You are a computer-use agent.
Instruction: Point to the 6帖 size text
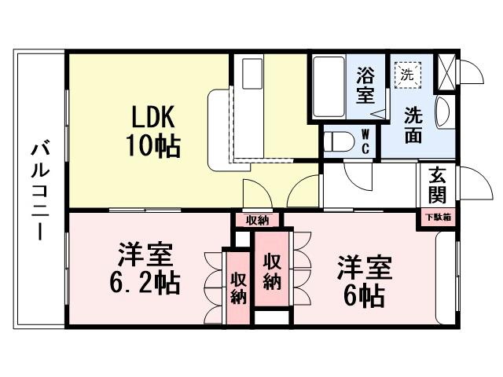pyautogui.click(x=362, y=295)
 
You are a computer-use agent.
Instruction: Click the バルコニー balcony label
pyautogui.click(x=39, y=190)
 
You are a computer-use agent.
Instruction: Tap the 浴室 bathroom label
pyautogui.click(x=364, y=86)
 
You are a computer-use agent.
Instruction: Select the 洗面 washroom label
pyautogui.click(x=412, y=124)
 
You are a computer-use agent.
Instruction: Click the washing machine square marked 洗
pyautogui.click(x=407, y=75)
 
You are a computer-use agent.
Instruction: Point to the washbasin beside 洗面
pyautogui.click(x=442, y=111)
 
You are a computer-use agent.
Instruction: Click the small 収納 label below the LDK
pyautogui.click(x=257, y=220)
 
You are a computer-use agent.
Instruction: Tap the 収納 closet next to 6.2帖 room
pyautogui.click(x=238, y=287)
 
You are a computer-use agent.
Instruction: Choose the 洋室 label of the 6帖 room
pyautogui.click(x=363, y=268)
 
